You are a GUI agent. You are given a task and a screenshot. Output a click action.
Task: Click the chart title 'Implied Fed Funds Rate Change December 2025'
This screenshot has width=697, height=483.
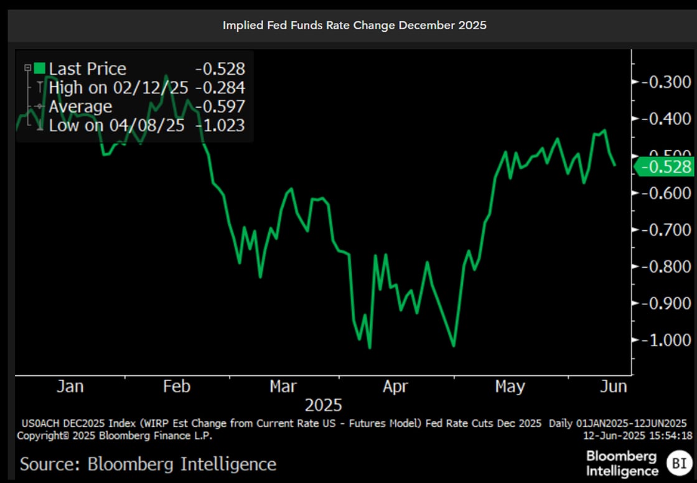coord(355,26)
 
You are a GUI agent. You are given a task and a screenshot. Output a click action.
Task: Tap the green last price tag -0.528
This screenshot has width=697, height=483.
coord(665,167)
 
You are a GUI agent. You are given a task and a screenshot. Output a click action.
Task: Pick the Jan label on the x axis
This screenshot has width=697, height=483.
coord(70,387)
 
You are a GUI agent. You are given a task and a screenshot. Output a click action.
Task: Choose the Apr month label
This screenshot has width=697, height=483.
coord(395,387)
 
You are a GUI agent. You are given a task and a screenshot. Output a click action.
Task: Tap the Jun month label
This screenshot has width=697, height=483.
coord(613,387)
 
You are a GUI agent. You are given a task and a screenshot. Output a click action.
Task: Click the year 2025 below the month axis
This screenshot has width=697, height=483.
coord(323,406)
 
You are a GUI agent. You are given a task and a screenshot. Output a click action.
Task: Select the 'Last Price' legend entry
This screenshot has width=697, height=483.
coord(87,68)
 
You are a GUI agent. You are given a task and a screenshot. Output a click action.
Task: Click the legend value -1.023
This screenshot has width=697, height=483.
coord(220,125)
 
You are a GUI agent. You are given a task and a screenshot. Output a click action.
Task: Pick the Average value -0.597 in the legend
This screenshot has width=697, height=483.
coord(220,106)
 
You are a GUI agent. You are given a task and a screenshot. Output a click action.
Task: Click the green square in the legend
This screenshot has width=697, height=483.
coord(40,68)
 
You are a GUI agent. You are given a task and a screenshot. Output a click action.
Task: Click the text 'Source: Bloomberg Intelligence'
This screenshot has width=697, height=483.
coord(148,464)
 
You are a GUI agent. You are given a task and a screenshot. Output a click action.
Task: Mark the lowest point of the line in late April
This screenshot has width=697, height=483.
coord(454,346)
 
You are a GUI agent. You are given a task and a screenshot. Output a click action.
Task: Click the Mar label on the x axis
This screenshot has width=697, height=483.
coord(283,387)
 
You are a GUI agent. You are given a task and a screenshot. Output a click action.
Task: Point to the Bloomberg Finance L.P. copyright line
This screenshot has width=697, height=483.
coord(115,436)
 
